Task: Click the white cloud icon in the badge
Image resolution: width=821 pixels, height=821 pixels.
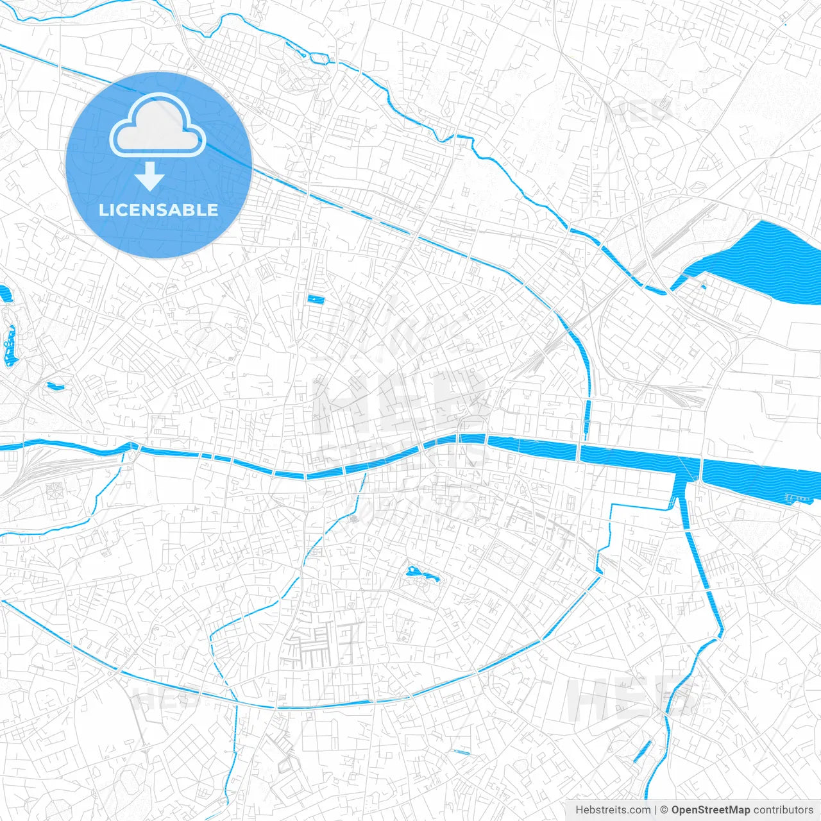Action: point(158,128)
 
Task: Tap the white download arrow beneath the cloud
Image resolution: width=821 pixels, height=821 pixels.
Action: point(150,177)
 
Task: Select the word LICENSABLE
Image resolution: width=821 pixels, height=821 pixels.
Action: point(158,210)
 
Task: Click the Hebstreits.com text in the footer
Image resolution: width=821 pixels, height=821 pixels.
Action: point(613,810)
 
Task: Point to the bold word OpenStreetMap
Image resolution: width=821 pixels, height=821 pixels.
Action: point(710,810)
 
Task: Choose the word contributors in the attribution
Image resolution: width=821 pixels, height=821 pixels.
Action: point(783,810)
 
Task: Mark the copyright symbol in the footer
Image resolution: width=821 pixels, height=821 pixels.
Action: point(664,810)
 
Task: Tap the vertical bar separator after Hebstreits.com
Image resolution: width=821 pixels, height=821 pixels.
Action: point(656,810)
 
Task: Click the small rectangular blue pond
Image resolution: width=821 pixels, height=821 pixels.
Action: point(316,299)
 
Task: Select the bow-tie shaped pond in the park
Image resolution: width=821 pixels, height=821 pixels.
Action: point(421,574)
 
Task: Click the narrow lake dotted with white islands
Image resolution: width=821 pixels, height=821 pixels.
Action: point(10,346)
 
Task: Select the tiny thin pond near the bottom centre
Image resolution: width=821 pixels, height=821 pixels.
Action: point(461,752)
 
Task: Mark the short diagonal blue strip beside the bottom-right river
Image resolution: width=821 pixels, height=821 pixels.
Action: point(642,752)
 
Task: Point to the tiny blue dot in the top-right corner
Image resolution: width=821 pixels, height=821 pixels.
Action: point(784,24)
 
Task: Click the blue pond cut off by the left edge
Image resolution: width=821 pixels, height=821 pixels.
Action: point(5,294)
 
